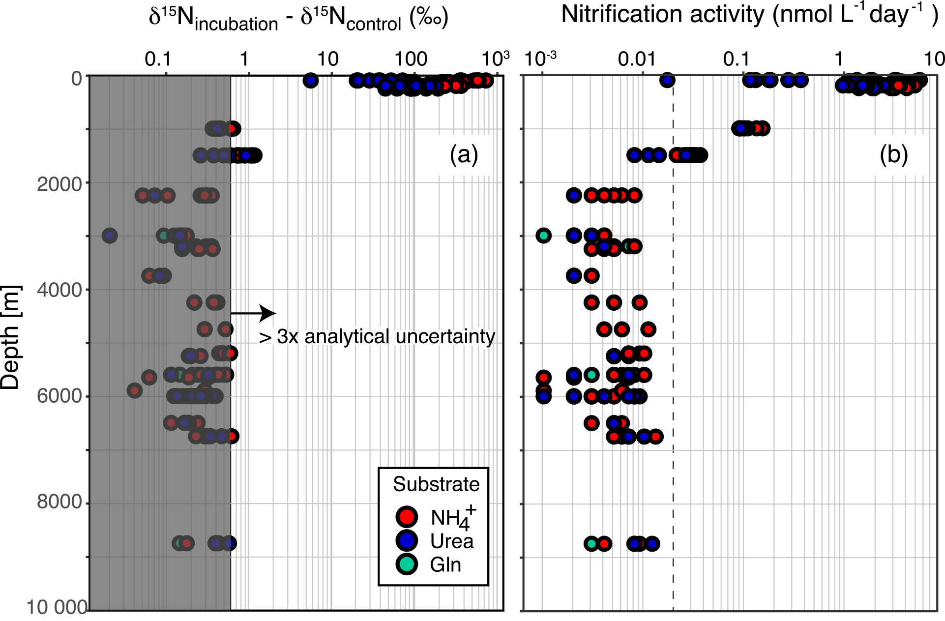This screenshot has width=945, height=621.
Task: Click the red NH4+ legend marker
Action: pyautogui.click(x=407, y=517)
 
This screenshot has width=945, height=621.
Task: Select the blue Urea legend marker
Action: pyautogui.click(x=407, y=540)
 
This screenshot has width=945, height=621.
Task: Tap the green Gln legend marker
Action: pyautogui.click(x=407, y=564)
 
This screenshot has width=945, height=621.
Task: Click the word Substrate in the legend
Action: pyautogui.click(x=436, y=484)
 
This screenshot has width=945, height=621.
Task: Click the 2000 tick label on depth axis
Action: pyautogui.click(x=59, y=184)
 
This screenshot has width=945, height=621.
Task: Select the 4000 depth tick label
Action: pyautogui.click(x=59, y=290)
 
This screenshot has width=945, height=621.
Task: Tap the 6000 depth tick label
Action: pyautogui.click(x=59, y=396)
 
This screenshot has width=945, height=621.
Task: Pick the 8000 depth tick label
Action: pyautogui.click(x=59, y=502)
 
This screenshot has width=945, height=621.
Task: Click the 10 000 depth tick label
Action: pyautogui.click(x=57, y=608)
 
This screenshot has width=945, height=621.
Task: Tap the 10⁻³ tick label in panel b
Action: pyautogui.click(x=540, y=59)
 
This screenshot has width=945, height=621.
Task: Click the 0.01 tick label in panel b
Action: pyautogui.click(x=637, y=59)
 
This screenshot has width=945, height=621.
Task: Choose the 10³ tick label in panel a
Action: pyautogui.click(x=495, y=59)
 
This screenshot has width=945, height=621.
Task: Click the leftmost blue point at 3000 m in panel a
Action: pyautogui.click(x=110, y=236)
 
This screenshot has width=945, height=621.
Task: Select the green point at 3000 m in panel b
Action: pyautogui.click(x=543, y=236)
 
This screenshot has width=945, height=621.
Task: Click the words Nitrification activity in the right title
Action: pyautogui.click(x=664, y=14)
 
